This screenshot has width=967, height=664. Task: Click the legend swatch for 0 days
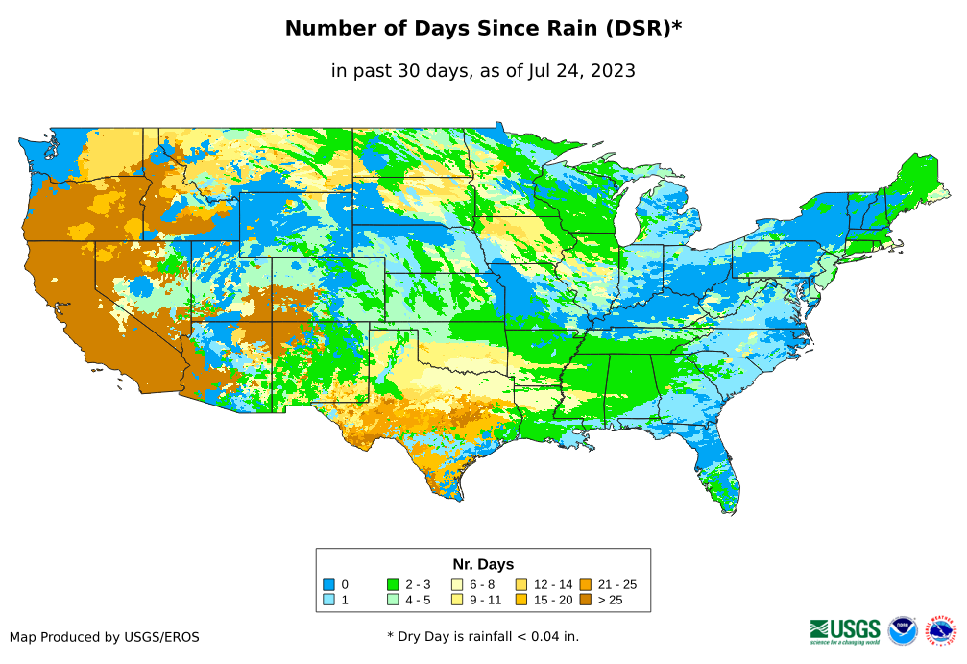(328, 584)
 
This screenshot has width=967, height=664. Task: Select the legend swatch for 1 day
(328, 600)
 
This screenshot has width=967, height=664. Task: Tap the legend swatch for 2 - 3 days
(393, 584)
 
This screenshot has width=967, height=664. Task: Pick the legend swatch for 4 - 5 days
(393, 600)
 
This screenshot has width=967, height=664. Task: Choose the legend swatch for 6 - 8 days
(457, 584)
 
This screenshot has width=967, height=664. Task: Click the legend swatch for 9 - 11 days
(457, 600)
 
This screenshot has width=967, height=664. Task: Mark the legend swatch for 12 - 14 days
(521, 584)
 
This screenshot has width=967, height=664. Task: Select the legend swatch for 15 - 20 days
(521, 600)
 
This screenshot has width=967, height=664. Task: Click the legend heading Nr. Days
(483, 564)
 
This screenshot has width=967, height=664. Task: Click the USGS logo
(845, 630)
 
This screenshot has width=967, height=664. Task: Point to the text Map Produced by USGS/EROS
(105, 637)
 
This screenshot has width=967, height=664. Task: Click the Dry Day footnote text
(483, 636)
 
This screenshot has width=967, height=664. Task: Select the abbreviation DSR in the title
(637, 29)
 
